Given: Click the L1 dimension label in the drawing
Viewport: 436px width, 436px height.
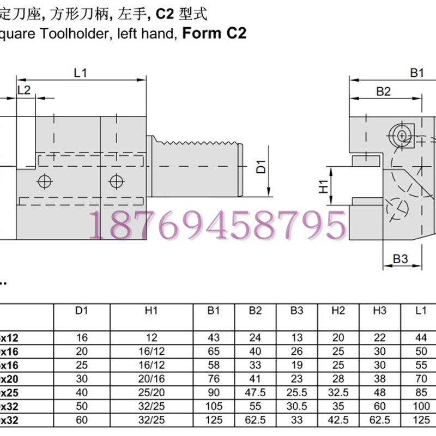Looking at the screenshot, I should point(81,72).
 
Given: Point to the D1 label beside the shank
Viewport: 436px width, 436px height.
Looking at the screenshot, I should point(261,166).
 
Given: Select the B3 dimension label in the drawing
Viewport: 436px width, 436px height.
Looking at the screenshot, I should point(401,259).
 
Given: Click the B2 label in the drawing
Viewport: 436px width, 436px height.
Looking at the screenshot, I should point(384,92).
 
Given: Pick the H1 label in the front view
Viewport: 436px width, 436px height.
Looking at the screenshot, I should point(324,186).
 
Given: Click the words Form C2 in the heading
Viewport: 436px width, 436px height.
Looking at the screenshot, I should point(214,33).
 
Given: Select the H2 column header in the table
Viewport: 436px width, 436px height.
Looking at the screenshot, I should point(338,311).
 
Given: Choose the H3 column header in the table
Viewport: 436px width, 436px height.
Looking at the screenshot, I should point(380,311).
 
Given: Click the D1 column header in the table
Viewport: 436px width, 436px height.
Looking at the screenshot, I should point(81,311).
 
